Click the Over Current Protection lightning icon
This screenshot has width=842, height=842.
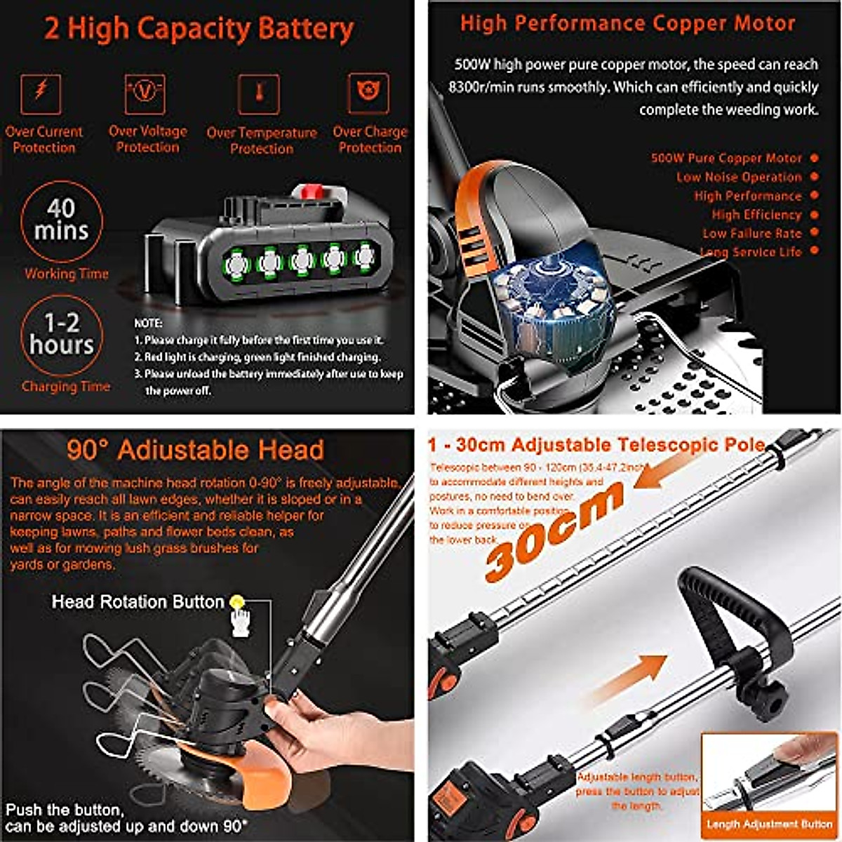pyautogui.click(x=41, y=93)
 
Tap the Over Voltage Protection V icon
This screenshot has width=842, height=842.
pyautogui.click(x=145, y=93)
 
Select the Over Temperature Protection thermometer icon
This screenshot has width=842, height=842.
pyautogui.click(x=259, y=93)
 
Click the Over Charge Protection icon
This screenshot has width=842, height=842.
pyautogui.click(x=368, y=93)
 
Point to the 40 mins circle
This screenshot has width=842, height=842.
pyautogui.click(x=61, y=220)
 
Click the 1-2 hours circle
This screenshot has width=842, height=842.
pyautogui.click(x=61, y=335)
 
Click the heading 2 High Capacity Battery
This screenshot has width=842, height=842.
pyautogui.click(x=199, y=29)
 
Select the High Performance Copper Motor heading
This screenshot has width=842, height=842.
pyautogui.click(x=627, y=23)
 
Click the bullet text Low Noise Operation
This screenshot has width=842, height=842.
pyautogui.click(x=738, y=178)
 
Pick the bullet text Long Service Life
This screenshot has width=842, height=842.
pyautogui.click(x=750, y=252)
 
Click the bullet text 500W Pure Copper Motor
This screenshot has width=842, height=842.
pyautogui.click(x=726, y=159)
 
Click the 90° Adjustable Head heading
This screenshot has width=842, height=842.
pyautogui.click(x=196, y=450)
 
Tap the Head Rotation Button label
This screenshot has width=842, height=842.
pyautogui.click(x=138, y=602)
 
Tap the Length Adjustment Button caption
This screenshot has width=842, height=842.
pyautogui.click(x=769, y=824)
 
